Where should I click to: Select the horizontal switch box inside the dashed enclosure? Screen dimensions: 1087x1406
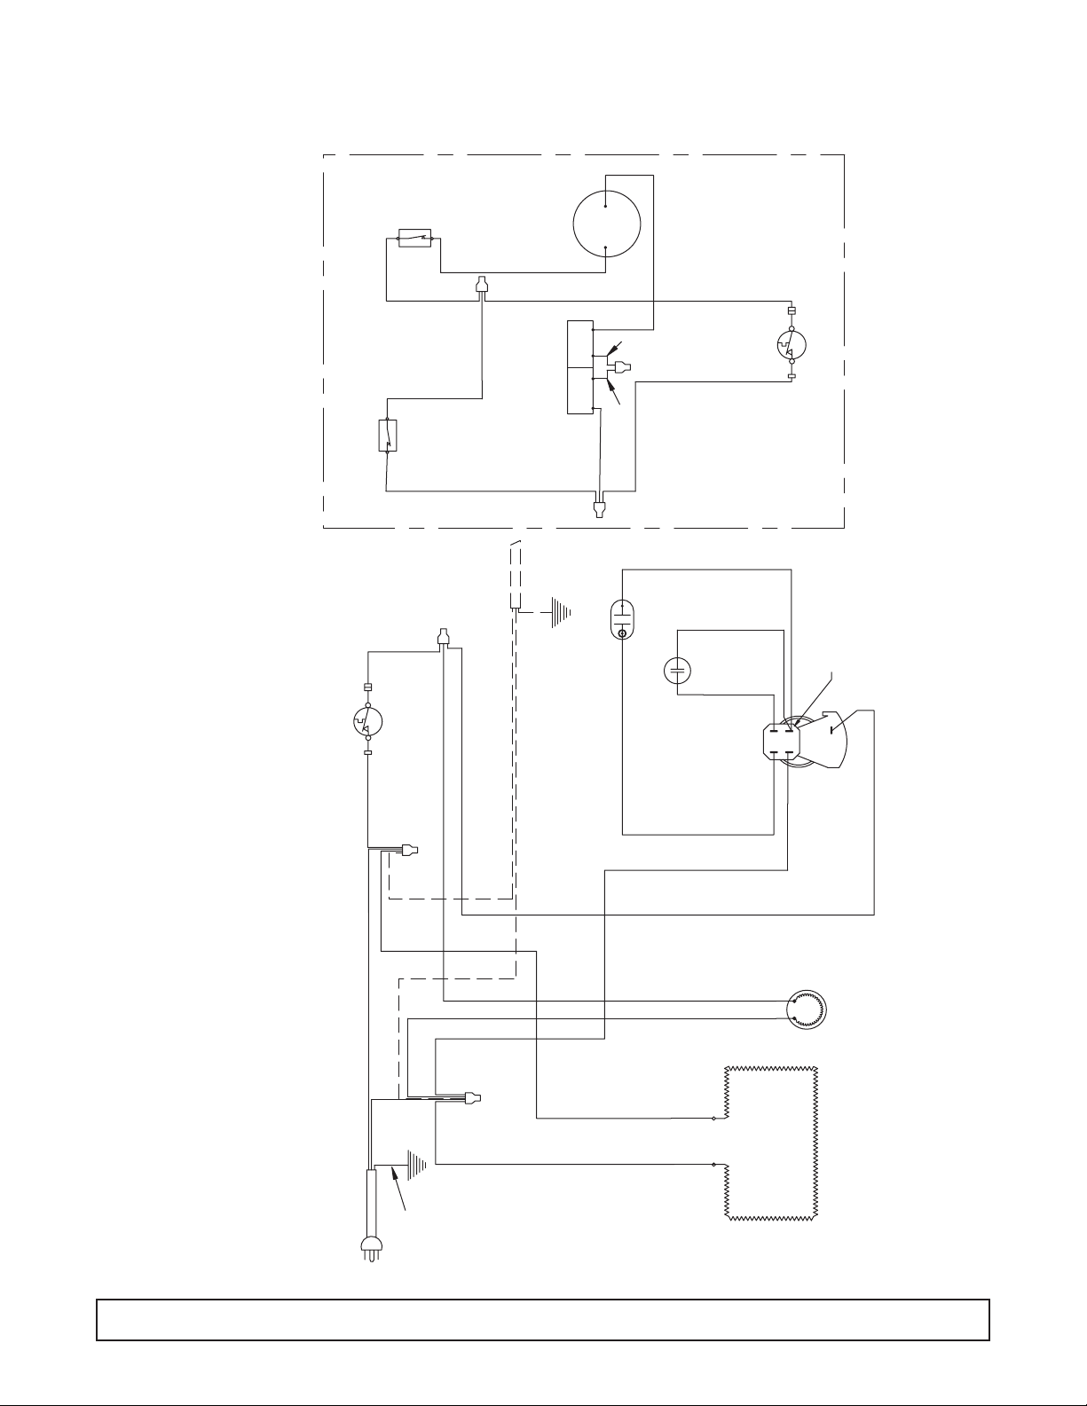pyautogui.click(x=414, y=238)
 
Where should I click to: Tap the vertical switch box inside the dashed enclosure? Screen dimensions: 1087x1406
pyautogui.click(x=388, y=435)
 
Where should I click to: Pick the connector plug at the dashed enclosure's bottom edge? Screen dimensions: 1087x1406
pyautogui.click(x=601, y=508)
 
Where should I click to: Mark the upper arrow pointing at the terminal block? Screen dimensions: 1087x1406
pyautogui.click(x=617, y=348)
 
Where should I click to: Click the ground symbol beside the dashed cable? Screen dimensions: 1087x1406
pyautogui.click(x=560, y=612)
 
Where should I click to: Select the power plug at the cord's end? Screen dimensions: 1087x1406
pyautogui.click(x=368, y=1246)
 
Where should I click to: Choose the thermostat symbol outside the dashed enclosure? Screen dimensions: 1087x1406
pyautogui.click(x=366, y=721)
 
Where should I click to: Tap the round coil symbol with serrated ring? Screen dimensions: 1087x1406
pyautogui.click(x=807, y=1009)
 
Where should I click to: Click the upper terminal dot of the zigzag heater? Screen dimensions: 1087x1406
pyautogui.click(x=714, y=1119)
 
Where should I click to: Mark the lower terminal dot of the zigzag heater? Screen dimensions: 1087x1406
pyautogui.click(x=714, y=1164)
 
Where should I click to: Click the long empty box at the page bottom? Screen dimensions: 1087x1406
pyautogui.click(x=542, y=1319)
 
